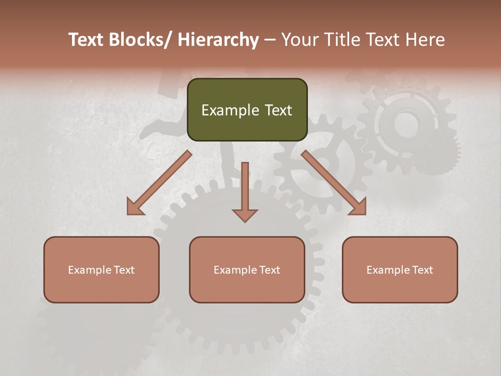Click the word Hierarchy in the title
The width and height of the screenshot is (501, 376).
pyautogui.click(x=218, y=40)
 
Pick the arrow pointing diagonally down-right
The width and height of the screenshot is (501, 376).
pyautogui.click(x=334, y=183)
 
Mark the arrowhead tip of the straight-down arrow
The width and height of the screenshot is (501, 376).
pyautogui.click(x=245, y=221)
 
